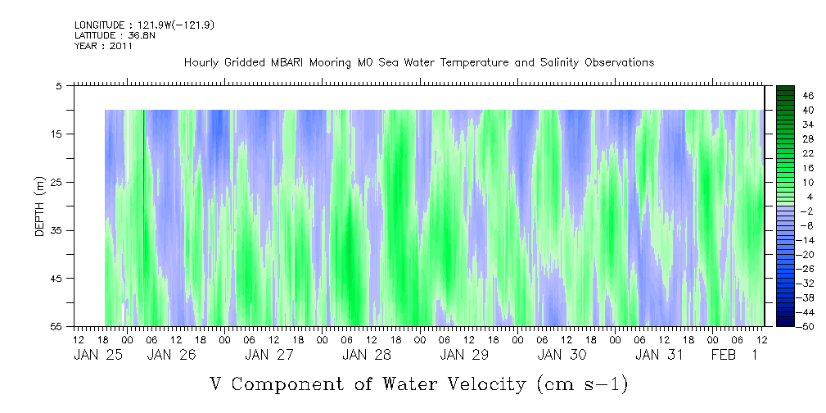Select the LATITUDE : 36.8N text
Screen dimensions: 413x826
click(x=110, y=36)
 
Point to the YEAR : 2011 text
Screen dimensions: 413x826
click(x=103, y=47)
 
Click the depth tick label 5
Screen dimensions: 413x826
click(x=59, y=85)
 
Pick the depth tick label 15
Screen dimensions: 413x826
click(x=56, y=134)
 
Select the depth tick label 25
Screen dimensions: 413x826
click(x=56, y=182)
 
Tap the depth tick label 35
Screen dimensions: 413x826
click(x=56, y=230)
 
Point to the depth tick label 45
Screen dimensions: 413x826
click(x=56, y=279)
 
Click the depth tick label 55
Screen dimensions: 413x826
click(x=56, y=327)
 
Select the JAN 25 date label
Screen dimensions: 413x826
click(x=97, y=356)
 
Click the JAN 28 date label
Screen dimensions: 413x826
click(x=367, y=356)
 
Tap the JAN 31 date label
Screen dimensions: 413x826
click(x=659, y=356)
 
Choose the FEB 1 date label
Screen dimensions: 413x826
click(x=733, y=356)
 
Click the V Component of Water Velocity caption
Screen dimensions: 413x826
click(x=419, y=383)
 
